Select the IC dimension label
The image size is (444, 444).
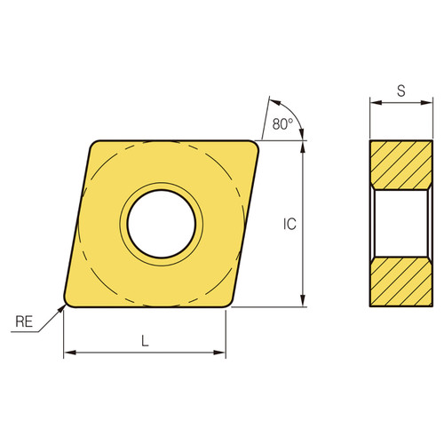[289, 225]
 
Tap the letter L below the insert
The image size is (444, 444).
[145, 340]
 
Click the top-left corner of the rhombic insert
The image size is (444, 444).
[93, 141]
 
